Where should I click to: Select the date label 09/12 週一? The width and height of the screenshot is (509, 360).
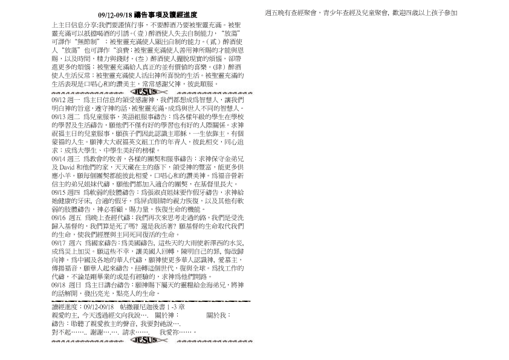[66, 99]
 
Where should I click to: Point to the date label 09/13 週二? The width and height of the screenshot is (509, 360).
[66, 115]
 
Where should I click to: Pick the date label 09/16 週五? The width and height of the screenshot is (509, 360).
[66, 216]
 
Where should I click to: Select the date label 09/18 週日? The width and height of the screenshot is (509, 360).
[66, 283]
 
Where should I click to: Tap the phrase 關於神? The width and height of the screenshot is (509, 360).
[165, 315]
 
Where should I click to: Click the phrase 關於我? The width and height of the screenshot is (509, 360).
[218, 315]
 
